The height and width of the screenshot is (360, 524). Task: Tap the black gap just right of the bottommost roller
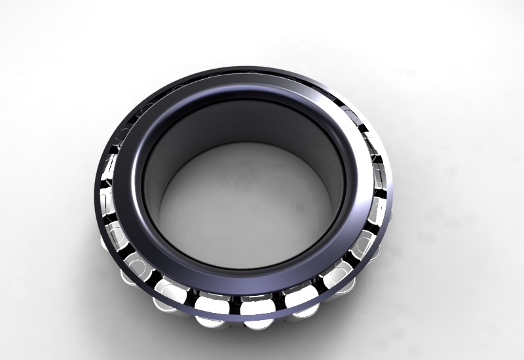point(280,304)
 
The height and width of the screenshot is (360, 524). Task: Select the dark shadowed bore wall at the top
point(242,124)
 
